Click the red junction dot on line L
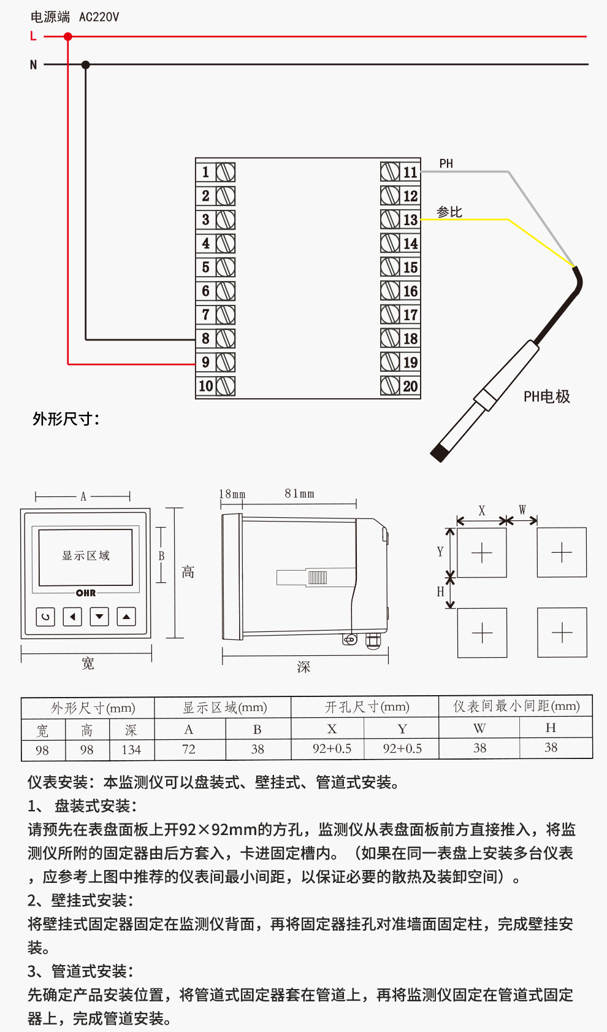pyautogui.click(x=68, y=37)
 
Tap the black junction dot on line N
pyautogui.click(x=86, y=64)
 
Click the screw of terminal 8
pyautogui.click(x=226, y=339)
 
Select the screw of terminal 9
pyautogui.click(x=226, y=363)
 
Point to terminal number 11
pyautogui.click(x=410, y=172)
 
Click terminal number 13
pyautogui.click(x=410, y=220)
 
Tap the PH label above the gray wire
pyautogui.click(x=446, y=164)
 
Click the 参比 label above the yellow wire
pyautogui.click(x=449, y=212)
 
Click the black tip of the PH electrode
pyautogui.click(x=439, y=453)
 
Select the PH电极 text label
pyautogui.click(x=547, y=397)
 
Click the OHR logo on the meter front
pyautogui.click(x=86, y=593)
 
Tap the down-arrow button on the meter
pyautogui.click(x=99, y=616)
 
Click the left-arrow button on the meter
pyautogui.click(x=72, y=616)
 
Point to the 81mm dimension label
pyautogui.click(x=299, y=494)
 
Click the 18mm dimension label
pyautogui.click(x=232, y=494)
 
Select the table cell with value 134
pyautogui.click(x=131, y=750)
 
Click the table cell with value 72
pyautogui.click(x=189, y=749)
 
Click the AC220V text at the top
pyautogui.click(x=99, y=17)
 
